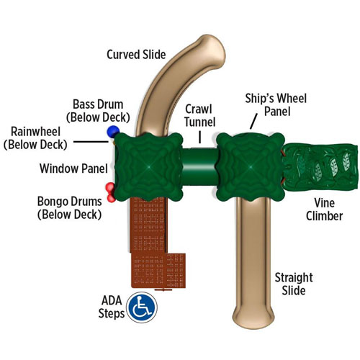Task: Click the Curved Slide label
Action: [x=136, y=55]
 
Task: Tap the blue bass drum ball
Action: [x=113, y=131]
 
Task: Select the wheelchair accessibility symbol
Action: [x=142, y=307]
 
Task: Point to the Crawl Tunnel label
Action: [x=199, y=115]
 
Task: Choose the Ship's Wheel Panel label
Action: [x=276, y=104]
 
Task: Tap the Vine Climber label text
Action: [x=324, y=210]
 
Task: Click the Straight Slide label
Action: [x=294, y=284]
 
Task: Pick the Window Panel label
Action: [x=73, y=168]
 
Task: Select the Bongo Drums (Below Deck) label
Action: [x=70, y=208]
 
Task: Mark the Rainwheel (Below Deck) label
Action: [x=35, y=138]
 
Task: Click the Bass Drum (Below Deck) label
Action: [x=98, y=111]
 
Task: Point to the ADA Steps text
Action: [x=112, y=307]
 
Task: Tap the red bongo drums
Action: [x=111, y=192]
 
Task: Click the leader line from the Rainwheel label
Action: [x=91, y=142]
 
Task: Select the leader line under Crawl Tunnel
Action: [x=199, y=137]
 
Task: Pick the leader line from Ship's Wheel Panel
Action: [x=253, y=121]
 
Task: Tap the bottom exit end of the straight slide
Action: [x=253, y=317]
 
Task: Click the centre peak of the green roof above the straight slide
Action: [x=251, y=166]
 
